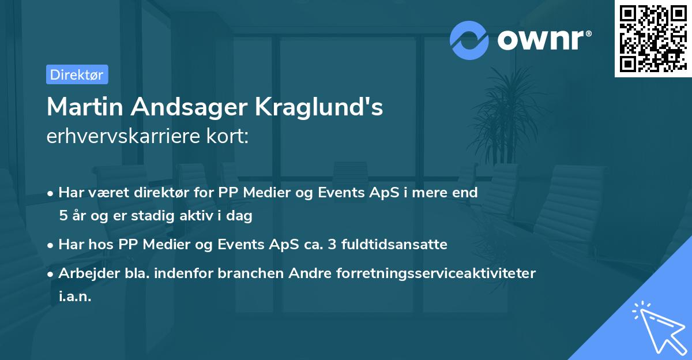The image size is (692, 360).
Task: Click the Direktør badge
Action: pos(77,74)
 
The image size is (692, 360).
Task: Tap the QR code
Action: pos(653,39)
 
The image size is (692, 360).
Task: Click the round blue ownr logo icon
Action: pos(469,40)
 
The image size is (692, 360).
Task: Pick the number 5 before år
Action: pos(62,216)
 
